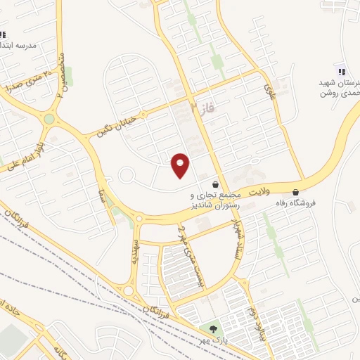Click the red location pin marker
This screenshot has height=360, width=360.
tap(181, 165)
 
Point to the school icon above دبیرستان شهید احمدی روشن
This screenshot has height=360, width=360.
tap(342, 71)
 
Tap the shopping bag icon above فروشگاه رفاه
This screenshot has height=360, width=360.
tap(295, 191)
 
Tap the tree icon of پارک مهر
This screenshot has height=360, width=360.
tap(212, 329)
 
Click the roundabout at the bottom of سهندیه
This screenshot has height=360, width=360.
tap(129, 290)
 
